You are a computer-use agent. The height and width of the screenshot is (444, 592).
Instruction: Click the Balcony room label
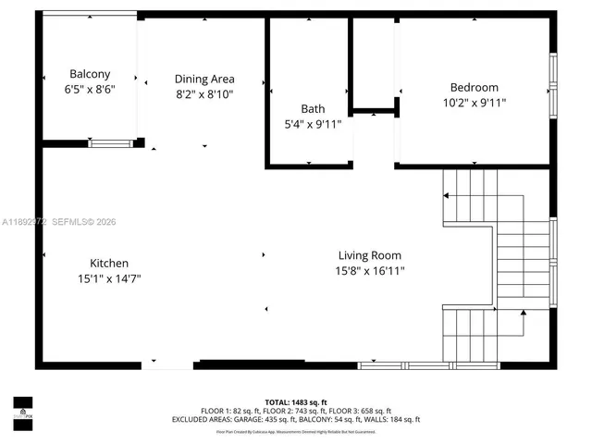[x=90, y=74]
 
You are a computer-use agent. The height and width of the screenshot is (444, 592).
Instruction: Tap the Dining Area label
[x=204, y=79]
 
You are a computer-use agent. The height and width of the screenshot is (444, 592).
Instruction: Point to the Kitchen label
[x=109, y=263]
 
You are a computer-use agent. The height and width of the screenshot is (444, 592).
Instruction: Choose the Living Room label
[x=369, y=255]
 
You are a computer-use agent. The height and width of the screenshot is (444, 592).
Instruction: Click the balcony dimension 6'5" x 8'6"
[x=90, y=90]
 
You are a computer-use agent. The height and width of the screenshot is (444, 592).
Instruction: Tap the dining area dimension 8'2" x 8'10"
[x=204, y=94]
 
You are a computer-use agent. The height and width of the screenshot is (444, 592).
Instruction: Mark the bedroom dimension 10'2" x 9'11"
[x=474, y=103]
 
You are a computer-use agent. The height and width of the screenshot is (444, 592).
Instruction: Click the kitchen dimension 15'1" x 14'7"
[x=109, y=278]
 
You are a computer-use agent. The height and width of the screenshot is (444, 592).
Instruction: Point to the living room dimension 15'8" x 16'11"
[x=370, y=271]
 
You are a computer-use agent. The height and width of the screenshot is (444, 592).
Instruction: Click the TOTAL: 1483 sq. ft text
[x=296, y=402]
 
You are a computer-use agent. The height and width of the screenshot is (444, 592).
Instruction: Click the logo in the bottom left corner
[x=22, y=408]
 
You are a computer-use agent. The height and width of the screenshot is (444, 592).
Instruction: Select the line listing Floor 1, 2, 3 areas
[x=296, y=411]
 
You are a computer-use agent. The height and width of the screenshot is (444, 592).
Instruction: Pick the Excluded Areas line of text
[x=296, y=419]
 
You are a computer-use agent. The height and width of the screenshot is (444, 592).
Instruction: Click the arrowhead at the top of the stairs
[x=446, y=196]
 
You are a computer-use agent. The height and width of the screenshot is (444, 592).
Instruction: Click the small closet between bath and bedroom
[x=373, y=65]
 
